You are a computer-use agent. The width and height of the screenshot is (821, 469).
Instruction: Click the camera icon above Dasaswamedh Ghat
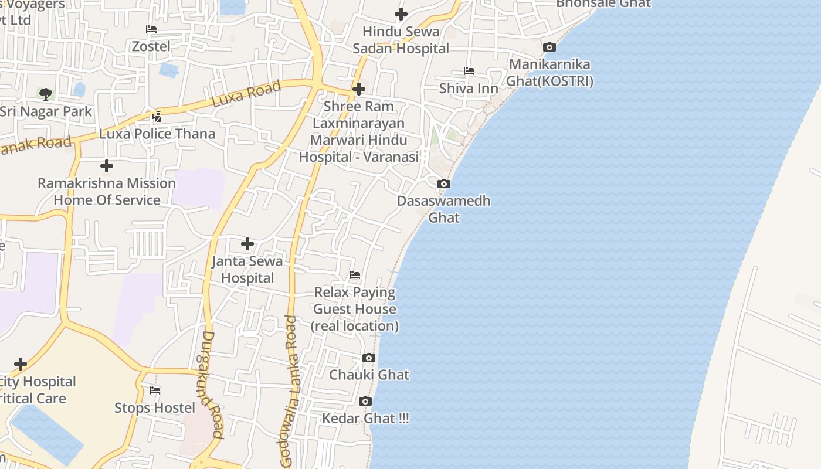(444, 184)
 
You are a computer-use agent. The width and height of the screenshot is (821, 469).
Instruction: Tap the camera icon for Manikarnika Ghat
(549, 47)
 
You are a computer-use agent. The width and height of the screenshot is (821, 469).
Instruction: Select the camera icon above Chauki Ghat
(369, 358)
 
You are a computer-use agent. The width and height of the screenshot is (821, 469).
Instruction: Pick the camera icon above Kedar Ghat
(365, 402)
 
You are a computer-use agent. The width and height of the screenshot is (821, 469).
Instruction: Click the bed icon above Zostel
(151, 29)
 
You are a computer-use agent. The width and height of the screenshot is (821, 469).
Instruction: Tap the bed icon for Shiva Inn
(469, 71)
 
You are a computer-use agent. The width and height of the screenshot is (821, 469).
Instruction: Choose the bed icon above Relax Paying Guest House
(355, 274)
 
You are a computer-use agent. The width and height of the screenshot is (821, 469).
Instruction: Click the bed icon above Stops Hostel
(155, 390)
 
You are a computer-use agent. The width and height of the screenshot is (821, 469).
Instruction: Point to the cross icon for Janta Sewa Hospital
(247, 243)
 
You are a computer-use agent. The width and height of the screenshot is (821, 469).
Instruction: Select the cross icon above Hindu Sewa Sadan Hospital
(401, 13)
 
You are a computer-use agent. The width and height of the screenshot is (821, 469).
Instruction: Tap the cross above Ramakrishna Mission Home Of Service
(107, 165)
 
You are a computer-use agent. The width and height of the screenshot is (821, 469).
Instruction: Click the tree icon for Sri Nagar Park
(46, 94)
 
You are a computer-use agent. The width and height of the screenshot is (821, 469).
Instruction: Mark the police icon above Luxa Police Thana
(157, 117)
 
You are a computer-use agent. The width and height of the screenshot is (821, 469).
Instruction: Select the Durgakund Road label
(212, 385)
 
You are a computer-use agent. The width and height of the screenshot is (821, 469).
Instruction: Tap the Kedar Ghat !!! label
(365, 418)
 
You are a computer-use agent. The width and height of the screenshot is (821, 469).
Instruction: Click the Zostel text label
(151, 46)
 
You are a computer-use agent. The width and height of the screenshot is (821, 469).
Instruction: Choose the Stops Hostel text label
(155, 407)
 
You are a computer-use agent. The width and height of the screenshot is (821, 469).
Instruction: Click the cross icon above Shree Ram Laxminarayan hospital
(359, 89)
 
